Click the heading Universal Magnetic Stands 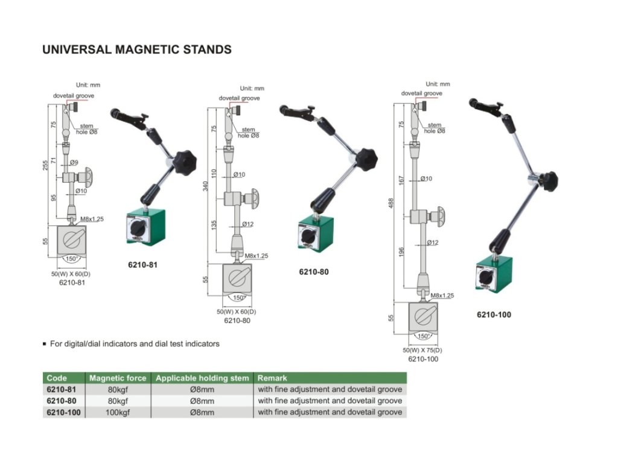tap(136, 49)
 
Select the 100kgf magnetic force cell tap(118, 412)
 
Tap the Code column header tap(57, 378)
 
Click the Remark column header tap(272, 378)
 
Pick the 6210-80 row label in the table tap(61, 401)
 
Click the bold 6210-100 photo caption tap(494, 314)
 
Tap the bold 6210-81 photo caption tap(143, 265)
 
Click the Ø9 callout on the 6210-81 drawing tap(74, 162)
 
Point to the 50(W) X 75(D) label tap(422, 350)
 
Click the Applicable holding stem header tap(202, 378)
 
